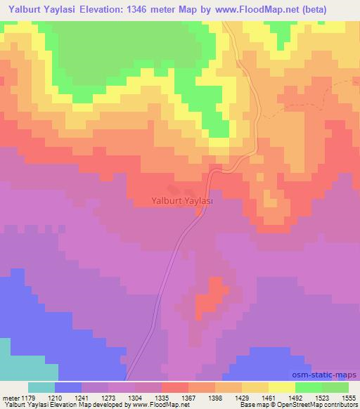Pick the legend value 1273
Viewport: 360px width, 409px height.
tap(108, 398)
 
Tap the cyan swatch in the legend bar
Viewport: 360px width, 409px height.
tap(41, 387)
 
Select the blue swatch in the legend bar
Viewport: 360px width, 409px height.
tap(68, 387)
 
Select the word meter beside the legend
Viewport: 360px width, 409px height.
tap(11, 398)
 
